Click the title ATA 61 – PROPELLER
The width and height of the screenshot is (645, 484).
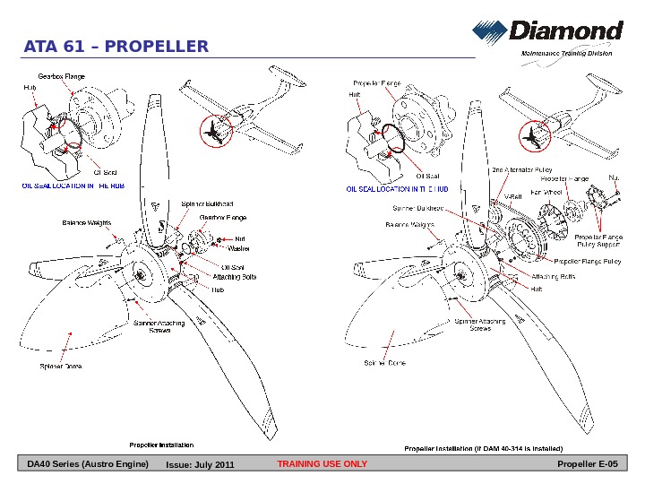pos(116,47)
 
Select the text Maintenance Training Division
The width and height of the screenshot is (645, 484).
pos(567,54)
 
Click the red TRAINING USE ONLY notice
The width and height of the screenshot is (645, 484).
pos(322,464)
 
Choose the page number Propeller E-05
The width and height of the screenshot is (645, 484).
pos(587,464)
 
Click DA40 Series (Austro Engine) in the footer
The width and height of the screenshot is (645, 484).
pos(87,464)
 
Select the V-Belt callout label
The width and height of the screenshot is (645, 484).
pos(512,195)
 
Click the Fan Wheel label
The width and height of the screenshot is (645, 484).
pos(546,192)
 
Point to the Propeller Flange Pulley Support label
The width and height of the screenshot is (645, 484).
pos(598,240)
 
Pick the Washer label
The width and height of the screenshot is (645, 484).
pos(239,247)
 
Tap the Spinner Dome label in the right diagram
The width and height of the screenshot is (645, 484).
pos(384,363)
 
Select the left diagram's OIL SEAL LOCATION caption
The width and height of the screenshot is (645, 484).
pos(73,186)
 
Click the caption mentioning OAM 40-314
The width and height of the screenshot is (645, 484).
pos(483,446)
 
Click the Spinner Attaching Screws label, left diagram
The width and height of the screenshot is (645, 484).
pos(159,326)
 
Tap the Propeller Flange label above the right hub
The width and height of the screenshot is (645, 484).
pos(376,82)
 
